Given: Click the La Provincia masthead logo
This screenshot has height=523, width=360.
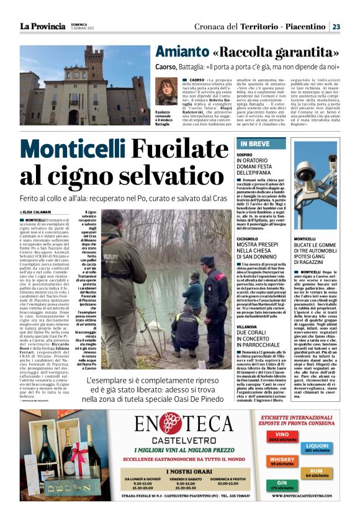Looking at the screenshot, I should tap(42, 26).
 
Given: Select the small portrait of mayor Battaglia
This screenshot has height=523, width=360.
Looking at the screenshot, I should tap(163, 93).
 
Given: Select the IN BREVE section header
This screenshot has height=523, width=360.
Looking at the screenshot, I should tap(254, 145).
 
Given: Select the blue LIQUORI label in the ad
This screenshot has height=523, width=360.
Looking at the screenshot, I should tap(317, 447).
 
